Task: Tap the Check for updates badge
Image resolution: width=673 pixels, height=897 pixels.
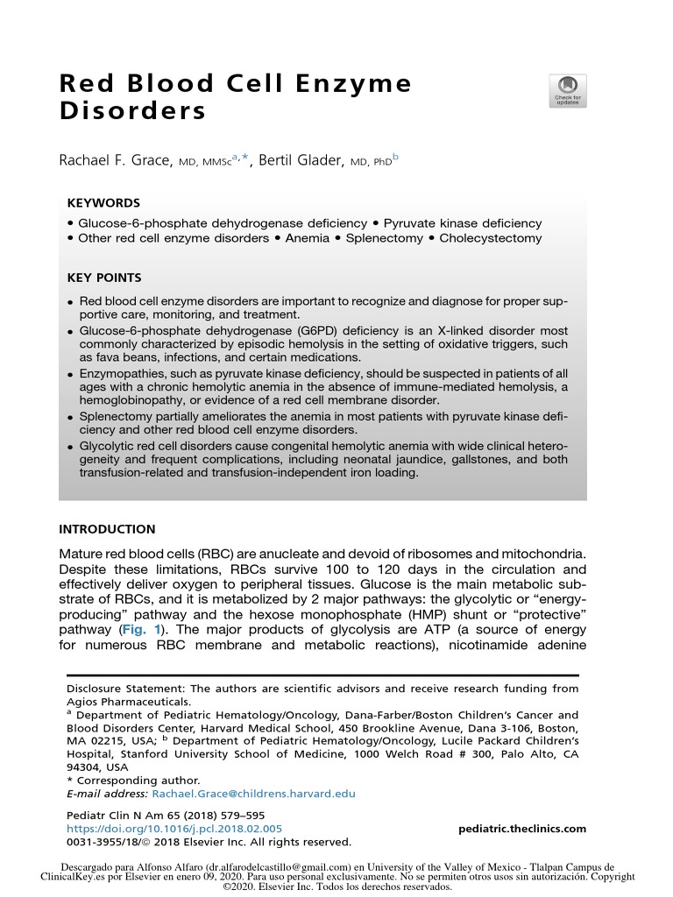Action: tap(567, 91)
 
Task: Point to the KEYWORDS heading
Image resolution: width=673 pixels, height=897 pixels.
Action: tap(103, 201)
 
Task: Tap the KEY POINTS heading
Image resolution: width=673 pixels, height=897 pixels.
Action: tap(104, 278)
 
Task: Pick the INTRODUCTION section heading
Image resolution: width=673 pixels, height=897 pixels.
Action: tap(107, 529)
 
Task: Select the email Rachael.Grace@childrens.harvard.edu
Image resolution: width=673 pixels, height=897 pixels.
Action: tap(253, 794)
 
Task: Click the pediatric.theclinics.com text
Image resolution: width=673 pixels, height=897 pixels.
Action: tap(522, 829)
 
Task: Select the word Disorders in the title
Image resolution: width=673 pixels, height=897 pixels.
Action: tap(132, 112)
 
